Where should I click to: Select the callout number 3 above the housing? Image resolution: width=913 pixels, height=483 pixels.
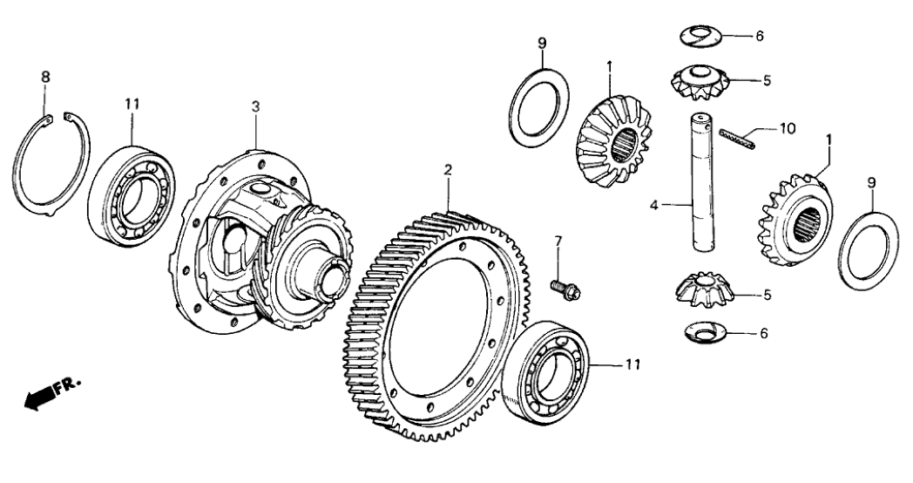[255, 106]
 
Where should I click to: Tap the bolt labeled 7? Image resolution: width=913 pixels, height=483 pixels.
[558, 285]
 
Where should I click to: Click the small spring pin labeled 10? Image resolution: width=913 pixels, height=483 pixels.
[737, 135]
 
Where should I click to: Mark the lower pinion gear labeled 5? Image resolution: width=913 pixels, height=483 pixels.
[705, 289]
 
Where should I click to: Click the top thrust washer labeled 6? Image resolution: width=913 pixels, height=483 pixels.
[701, 36]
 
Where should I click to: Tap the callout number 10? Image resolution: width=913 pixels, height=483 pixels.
[787, 128]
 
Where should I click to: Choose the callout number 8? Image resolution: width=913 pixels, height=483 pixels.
[45, 78]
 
